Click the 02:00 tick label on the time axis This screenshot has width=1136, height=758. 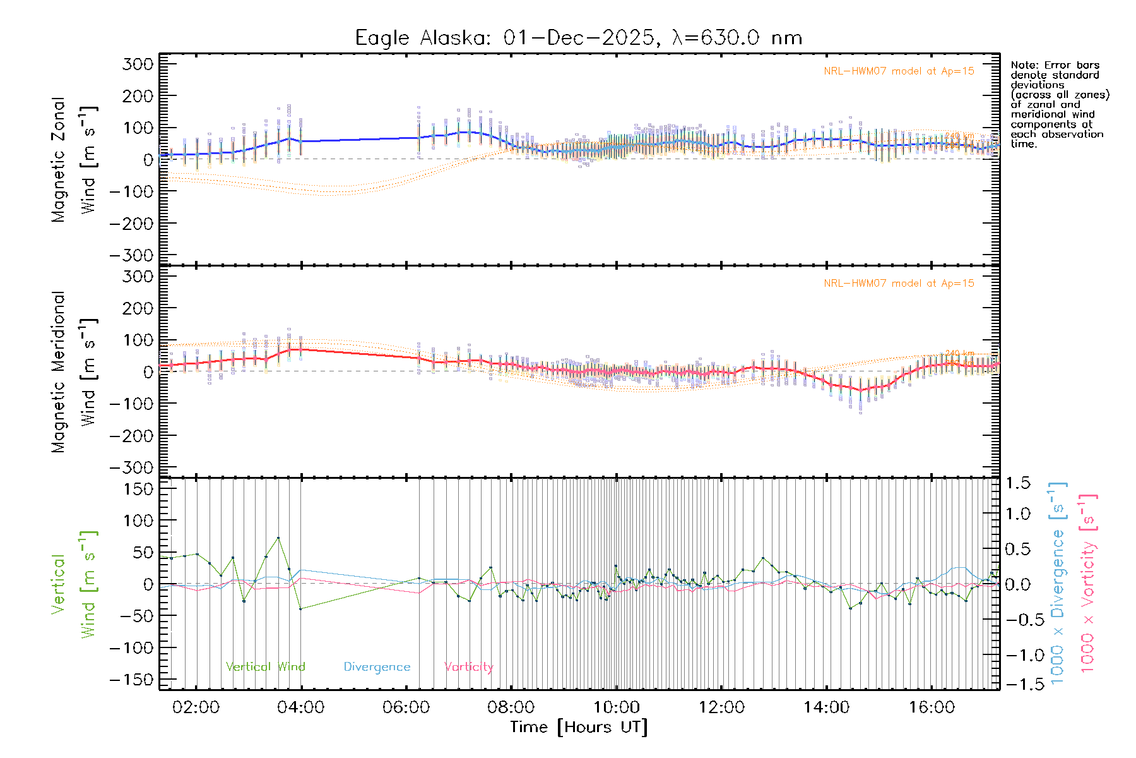point(196,707)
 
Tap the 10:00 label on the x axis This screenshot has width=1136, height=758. point(616,707)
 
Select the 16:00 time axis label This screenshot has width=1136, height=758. point(932,707)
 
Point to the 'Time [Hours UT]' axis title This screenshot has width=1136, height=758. point(579,727)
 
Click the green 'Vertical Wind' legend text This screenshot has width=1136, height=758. point(265,667)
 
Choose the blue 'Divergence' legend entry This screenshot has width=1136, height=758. point(377,667)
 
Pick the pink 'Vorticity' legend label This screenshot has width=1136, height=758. point(468,667)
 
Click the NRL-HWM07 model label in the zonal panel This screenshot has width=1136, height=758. point(899,71)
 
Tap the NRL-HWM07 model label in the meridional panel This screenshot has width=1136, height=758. point(899,284)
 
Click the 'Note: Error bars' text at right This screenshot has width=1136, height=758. point(1055,65)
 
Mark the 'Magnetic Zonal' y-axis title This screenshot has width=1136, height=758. point(59,159)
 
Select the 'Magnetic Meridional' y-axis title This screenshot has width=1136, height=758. point(59,371)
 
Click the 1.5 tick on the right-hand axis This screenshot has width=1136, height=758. point(1018,483)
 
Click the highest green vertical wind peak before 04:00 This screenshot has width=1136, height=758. point(278,538)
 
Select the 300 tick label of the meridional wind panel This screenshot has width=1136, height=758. point(138,277)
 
